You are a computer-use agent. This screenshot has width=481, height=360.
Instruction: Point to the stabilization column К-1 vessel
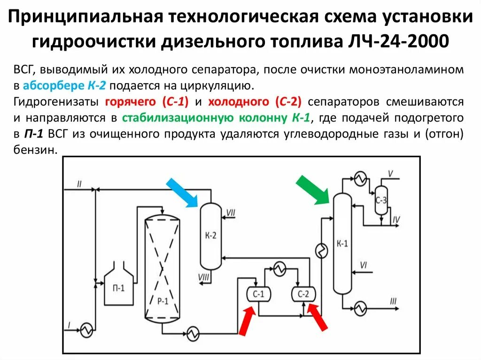(x=342, y=243)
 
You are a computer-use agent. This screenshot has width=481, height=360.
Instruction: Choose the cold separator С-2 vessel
(x=303, y=294)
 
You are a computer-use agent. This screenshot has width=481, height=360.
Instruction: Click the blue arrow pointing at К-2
(x=182, y=192)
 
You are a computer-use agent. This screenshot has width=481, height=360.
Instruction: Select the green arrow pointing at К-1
(x=313, y=190)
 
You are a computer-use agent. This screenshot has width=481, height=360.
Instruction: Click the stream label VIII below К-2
(x=204, y=277)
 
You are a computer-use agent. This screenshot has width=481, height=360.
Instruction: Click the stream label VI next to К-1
(x=363, y=265)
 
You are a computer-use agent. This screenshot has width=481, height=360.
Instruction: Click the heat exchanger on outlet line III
(x=360, y=309)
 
